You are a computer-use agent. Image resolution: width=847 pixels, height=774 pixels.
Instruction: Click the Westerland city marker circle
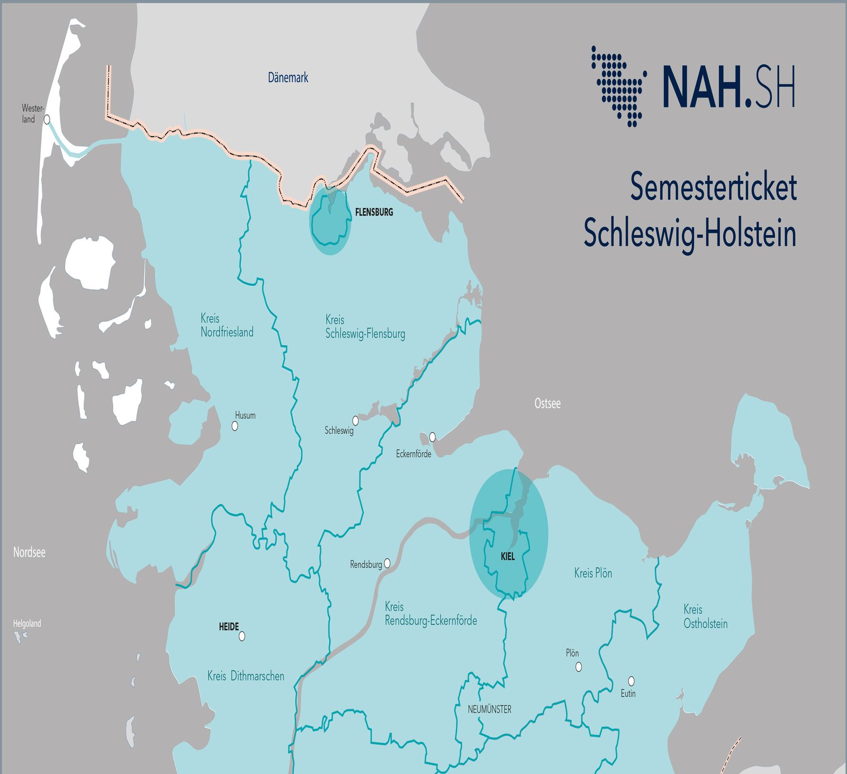point(47,120)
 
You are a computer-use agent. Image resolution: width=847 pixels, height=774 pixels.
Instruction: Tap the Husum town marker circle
point(235,426)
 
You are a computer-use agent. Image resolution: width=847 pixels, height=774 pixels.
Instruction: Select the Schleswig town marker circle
point(356,421)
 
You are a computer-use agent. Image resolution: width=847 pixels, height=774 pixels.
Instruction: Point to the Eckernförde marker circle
point(432,437)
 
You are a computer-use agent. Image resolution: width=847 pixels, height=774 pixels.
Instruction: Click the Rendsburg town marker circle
point(388,563)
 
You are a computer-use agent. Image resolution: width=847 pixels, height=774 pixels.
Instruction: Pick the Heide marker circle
point(242,636)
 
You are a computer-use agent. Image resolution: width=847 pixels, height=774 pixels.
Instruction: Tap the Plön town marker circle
point(579,667)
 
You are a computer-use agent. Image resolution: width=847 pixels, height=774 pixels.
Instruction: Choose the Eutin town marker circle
point(631,681)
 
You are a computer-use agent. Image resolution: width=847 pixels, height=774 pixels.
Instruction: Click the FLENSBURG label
point(374,212)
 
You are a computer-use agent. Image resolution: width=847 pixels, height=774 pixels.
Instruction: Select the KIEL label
point(508,557)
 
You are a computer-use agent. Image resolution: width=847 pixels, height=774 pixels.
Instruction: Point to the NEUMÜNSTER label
point(490,709)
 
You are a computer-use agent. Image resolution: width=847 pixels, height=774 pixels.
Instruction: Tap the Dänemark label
point(288,78)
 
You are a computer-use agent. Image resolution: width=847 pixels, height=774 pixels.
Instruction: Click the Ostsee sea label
point(547,404)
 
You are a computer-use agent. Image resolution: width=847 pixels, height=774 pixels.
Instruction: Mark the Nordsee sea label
point(29,553)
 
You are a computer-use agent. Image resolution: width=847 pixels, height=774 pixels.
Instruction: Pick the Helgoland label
point(27,624)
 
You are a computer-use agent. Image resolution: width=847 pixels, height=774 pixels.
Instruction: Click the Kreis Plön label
point(593,573)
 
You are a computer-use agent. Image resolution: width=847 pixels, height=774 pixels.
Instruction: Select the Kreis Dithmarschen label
point(246,677)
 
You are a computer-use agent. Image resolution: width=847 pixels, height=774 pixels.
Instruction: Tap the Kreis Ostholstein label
point(705,617)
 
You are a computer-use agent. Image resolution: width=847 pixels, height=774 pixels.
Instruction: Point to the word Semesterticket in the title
point(713,187)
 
